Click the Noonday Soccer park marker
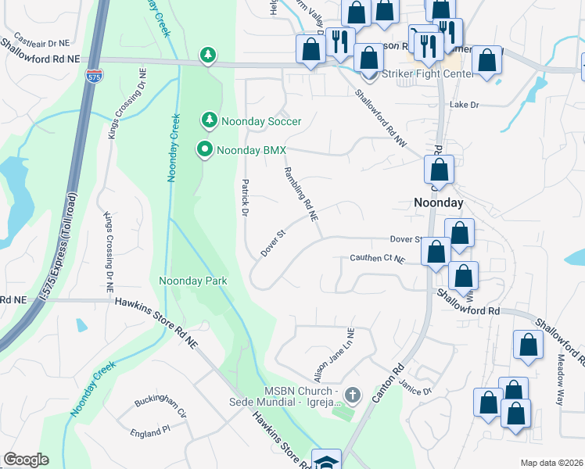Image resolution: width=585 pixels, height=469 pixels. pos(209,120)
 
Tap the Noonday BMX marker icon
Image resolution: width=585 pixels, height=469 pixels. pos(205,149)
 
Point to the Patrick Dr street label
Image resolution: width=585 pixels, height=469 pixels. pos(244,199)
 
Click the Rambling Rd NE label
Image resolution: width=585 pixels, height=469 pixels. pos(302,194)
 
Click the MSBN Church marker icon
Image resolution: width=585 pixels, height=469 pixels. pos(352,395)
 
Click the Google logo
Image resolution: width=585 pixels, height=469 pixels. pos(26,460)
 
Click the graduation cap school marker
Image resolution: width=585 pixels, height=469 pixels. pos(326,460)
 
